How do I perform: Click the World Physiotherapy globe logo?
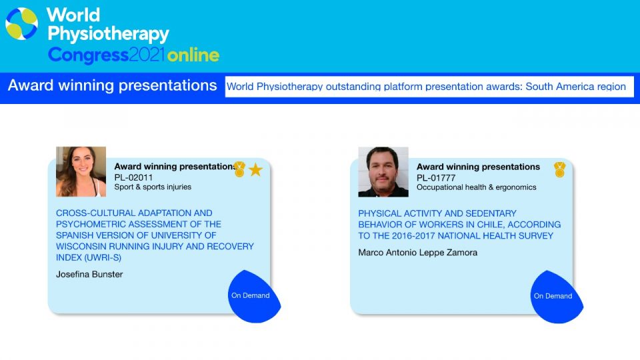point(21,24)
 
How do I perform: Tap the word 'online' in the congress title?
point(193,55)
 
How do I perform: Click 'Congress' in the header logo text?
point(88,55)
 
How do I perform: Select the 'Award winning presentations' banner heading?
point(112,86)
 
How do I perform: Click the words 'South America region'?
point(575,87)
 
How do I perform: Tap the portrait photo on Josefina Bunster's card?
point(81,172)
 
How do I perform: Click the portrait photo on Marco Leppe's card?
point(383,172)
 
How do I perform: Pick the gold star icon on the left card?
point(255,169)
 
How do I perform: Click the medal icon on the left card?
point(239,169)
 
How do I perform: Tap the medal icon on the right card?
point(559,169)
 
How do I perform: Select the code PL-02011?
point(133,177)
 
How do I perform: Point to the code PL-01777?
point(436,178)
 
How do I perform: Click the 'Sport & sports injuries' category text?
point(153,187)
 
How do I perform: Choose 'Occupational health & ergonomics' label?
point(476,187)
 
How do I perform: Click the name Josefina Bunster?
point(89,274)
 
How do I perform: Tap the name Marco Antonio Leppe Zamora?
point(417,253)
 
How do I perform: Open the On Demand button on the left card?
point(254,296)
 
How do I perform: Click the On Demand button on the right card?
point(556,297)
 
